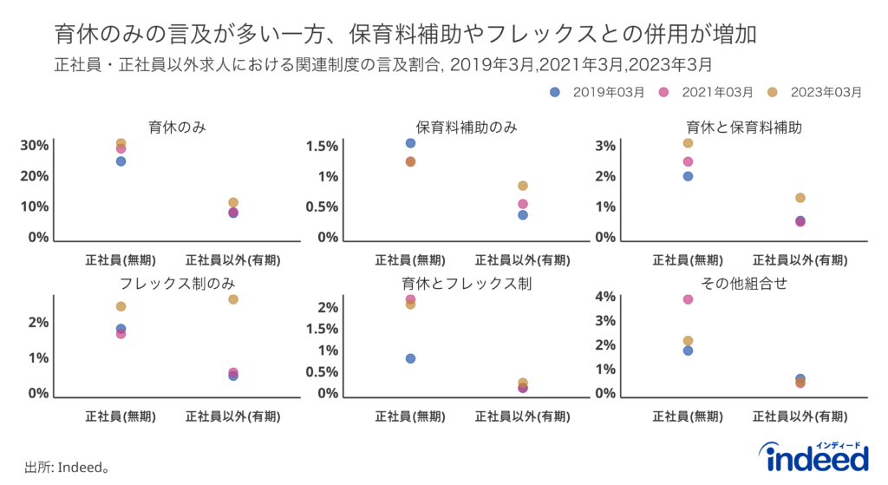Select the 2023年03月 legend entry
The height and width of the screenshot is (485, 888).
(x=819, y=92)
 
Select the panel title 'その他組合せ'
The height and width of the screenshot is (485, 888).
(x=743, y=284)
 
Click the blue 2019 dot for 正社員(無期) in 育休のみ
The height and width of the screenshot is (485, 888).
(x=121, y=161)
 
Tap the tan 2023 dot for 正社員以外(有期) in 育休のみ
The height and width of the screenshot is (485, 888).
(x=233, y=202)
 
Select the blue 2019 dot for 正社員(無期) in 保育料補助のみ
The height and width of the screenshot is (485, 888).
(x=410, y=143)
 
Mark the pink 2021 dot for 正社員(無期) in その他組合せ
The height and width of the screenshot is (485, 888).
(x=688, y=299)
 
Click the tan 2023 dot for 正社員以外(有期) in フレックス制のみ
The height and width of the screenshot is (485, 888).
(x=233, y=299)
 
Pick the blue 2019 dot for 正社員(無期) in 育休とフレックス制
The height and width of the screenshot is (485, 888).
(x=410, y=358)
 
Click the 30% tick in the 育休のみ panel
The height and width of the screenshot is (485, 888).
(x=34, y=145)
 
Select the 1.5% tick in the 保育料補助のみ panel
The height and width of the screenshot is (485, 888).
(x=321, y=146)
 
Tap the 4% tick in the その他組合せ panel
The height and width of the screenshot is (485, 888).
(x=604, y=297)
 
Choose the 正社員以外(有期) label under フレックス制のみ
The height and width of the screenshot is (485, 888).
(x=232, y=416)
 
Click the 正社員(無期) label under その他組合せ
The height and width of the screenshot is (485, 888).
(x=688, y=416)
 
